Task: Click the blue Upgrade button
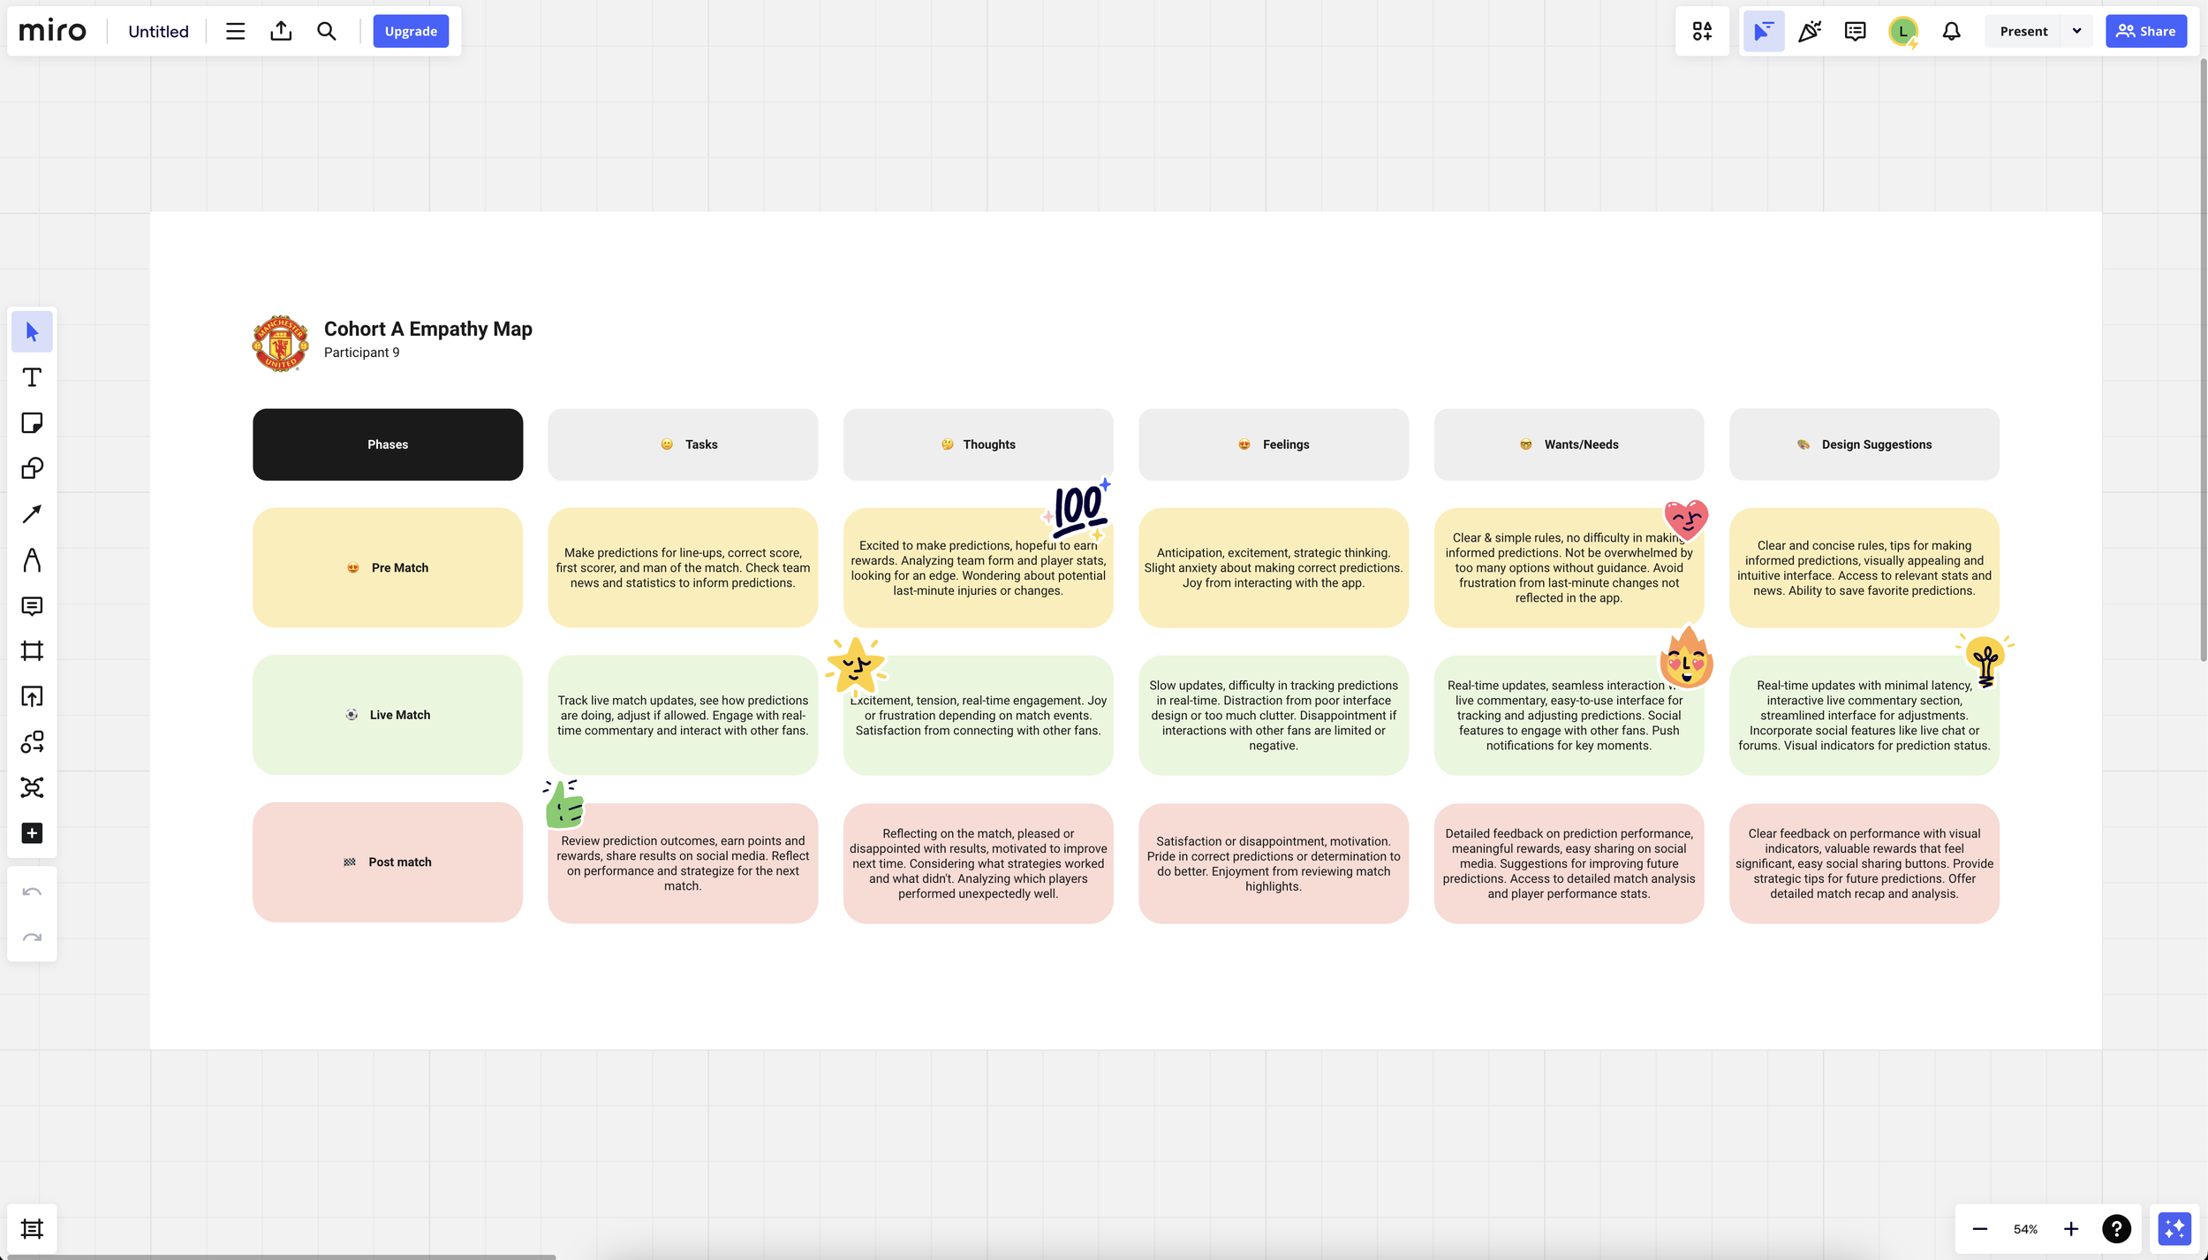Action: coord(411,32)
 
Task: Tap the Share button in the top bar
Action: coord(2145,32)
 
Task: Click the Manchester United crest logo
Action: coord(281,343)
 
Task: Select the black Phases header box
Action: coord(388,444)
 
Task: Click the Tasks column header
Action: coord(683,444)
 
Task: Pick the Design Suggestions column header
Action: coord(1864,444)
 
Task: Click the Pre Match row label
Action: coord(388,567)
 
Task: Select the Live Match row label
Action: coord(388,715)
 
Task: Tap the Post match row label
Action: coord(388,862)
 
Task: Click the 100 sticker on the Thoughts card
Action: coord(1078,510)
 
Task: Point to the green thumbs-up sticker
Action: coord(563,804)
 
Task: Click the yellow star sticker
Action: coord(855,665)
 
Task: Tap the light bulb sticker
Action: coord(1985,660)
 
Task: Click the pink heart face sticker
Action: coord(1685,519)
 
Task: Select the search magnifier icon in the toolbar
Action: coord(326,32)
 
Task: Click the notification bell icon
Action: coord(1951,32)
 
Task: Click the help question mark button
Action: coord(2116,1228)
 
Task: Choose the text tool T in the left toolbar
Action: coord(32,378)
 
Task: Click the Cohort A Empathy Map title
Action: coord(427,329)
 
